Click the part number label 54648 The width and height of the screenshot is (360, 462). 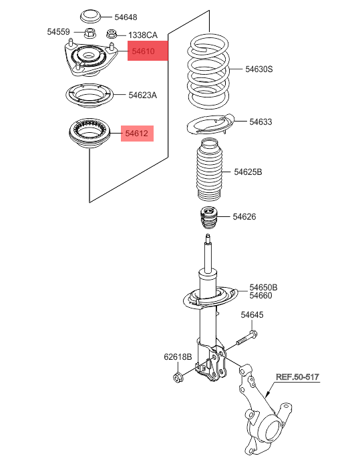pyautogui.click(x=126, y=17)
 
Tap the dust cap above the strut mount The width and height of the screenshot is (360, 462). pyautogui.click(x=91, y=17)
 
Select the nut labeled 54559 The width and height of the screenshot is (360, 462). pyautogui.click(x=90, y=33)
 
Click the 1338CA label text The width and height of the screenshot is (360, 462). pyautogui.click(x=143, y=35)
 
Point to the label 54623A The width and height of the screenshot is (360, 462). pyautogui.click(x=143, y=95)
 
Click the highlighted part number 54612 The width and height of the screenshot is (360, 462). pyautogui.click(x=137, y=133)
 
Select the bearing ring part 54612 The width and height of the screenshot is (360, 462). pyautogui.click(x=89, y=134)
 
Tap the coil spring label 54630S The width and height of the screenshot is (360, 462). pyautogui.click(x=259, y=69)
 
